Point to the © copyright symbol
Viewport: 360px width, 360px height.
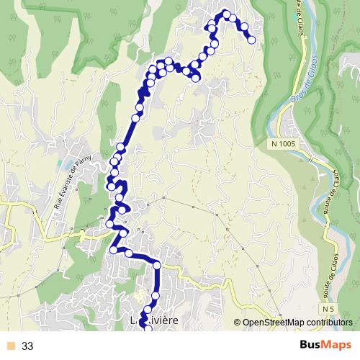point(238,323)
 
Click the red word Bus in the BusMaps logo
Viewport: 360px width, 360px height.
point(310,345)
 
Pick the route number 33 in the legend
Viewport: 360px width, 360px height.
point(28,346)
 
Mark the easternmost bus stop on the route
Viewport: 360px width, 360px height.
point(251,40)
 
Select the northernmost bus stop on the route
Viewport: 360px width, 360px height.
point(226,14)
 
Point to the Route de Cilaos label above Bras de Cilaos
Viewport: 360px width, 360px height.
point(296,22)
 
